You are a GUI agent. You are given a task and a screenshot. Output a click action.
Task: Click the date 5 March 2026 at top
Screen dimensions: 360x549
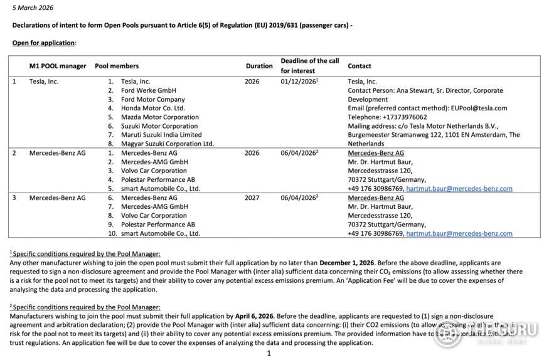click(x=33, y=8)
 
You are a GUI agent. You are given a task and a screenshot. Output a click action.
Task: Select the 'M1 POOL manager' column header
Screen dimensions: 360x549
click(x=58, y=66)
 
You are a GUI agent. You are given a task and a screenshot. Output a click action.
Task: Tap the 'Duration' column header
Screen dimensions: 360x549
click(x=259, y=66)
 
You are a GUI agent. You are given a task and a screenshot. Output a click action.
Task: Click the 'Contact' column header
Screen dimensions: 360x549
click(x=360, y=66)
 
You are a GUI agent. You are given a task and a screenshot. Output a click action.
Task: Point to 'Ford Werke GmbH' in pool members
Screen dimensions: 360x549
click(x=148, y=90)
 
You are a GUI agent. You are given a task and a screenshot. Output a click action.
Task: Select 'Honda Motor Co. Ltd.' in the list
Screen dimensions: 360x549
click(x=152, y=108)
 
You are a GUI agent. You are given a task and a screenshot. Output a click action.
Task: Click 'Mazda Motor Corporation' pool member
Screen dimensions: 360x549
click(x=159, y=117)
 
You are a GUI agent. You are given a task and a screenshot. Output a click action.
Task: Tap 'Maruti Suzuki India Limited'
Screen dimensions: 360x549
click(x=161, y=135)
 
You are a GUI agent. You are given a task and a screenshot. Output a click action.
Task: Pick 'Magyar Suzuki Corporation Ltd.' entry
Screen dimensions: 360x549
click(x=167, y=144)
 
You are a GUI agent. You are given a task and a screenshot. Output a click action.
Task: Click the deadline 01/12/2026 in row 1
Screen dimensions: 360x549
click(x=298, y=82)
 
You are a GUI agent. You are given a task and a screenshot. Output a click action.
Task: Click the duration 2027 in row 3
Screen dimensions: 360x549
click(x=252, y=198)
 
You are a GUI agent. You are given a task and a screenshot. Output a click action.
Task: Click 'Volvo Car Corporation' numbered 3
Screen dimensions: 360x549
click(x=154, y=171)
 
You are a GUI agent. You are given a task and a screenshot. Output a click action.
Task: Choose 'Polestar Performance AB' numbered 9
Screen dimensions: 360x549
click(x=157, y=225)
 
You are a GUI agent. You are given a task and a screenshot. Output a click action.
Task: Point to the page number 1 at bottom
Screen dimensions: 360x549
click(x=269, y=353)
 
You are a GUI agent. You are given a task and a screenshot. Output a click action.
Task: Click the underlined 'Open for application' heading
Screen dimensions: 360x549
click(x=44, y=43)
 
